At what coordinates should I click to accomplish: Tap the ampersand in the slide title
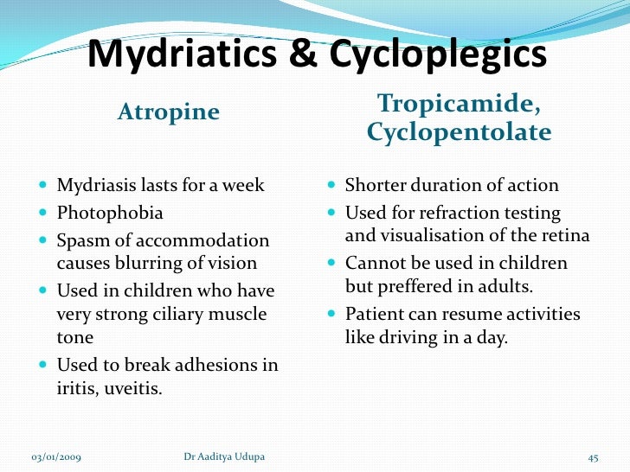300,56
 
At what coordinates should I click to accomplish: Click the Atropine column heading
169,112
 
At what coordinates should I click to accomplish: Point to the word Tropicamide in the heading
460,104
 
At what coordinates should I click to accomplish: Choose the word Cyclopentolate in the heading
459,132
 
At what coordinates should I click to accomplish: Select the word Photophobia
110,213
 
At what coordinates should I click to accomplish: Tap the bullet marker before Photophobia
43,213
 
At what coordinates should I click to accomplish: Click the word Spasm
80,240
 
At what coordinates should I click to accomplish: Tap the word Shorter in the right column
375,186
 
